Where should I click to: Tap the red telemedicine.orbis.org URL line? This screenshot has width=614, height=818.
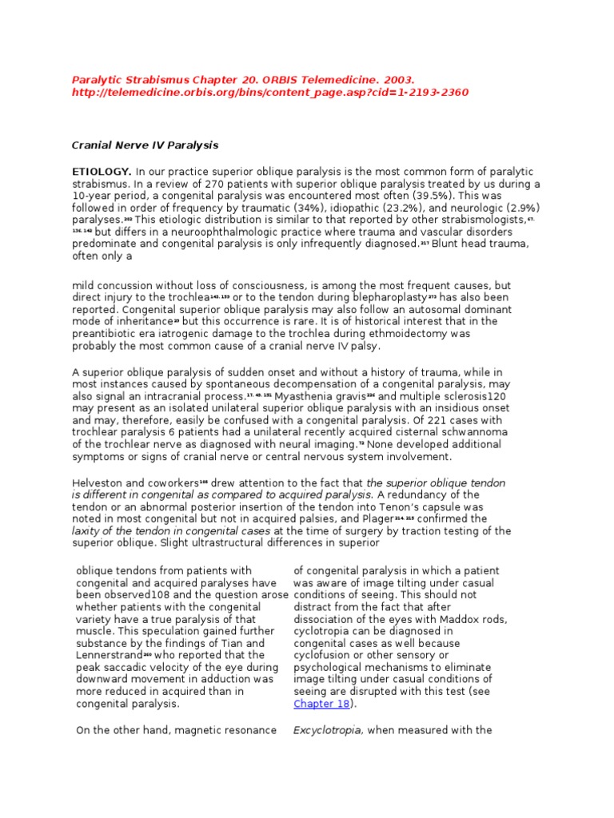(x=270, y=93)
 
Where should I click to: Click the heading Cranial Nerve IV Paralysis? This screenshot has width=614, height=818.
(x=146, y=145)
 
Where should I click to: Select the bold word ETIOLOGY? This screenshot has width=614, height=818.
(x=102, y=172)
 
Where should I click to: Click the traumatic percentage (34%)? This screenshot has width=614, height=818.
(x=282, y=207)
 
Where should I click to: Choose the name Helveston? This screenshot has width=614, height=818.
(x=98, y=483)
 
